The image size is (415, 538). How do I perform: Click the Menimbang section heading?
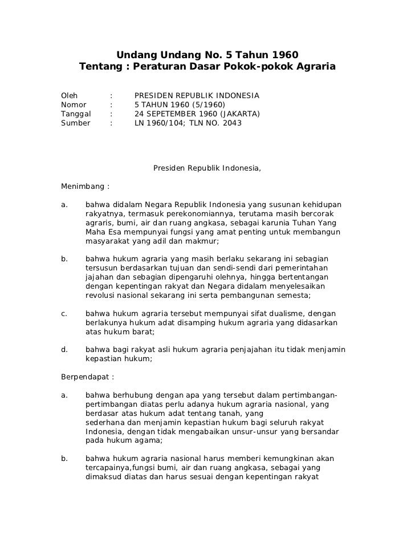pos(84,185)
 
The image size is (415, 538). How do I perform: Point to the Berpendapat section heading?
pos(87,377)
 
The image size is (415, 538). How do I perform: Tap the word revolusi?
pos(103,295)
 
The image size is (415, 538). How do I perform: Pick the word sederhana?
pos(106,422)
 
